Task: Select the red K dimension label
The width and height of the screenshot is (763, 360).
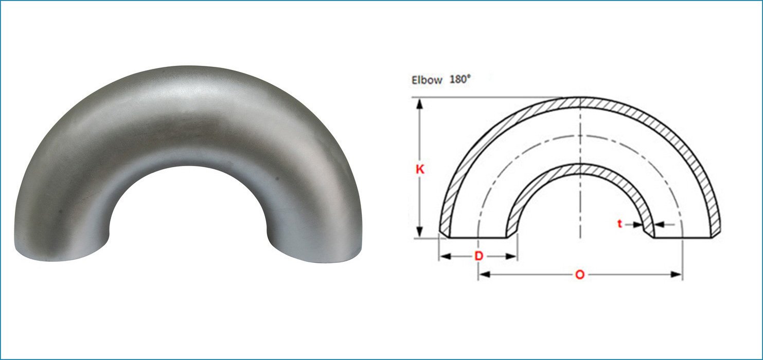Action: pos(420,169)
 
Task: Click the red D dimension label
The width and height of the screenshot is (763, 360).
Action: pos(478,256)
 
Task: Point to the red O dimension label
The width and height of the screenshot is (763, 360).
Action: pos(580,275)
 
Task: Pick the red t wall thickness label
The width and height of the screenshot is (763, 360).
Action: pos(620,224)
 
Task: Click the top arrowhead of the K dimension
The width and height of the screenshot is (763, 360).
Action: pos(420,103)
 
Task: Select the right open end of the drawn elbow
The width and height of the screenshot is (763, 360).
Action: pos(683,238)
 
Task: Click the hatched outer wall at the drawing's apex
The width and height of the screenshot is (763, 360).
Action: pos(580,102)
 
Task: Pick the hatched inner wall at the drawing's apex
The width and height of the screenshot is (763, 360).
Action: pos(580,170)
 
